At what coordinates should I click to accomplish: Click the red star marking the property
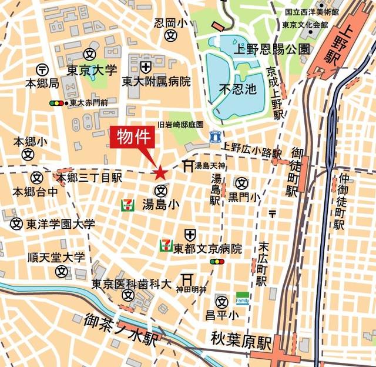(x=160, y=172)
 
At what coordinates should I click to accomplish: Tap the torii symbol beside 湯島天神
(x=188, y=166)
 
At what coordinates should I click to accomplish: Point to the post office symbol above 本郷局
(x=42, y=69)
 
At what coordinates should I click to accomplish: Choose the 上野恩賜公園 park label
(x=271, y=49)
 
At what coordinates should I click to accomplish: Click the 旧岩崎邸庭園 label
(x=180, y=125)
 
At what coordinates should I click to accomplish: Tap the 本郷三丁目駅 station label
(x=89, y=177)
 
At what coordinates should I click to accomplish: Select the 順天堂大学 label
(x=56, y=258)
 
